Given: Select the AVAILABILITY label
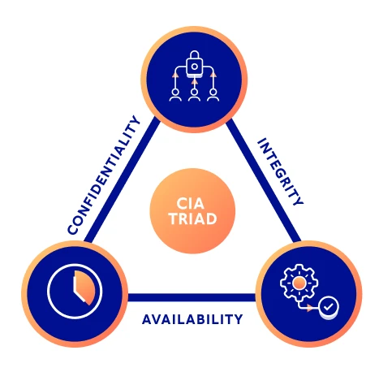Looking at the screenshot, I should tap(192, 318).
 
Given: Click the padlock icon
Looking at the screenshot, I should tap(193, 63).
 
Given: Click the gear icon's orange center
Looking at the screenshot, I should tap(299, 281).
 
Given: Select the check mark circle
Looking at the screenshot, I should tap(327, 307).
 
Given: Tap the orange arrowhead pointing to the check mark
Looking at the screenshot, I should tap(314, 308).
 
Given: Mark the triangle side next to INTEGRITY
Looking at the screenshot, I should tap(264, 183).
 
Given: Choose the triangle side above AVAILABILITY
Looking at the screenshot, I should tap(192, 297).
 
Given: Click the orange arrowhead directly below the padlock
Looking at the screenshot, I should tap(193, 80).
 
